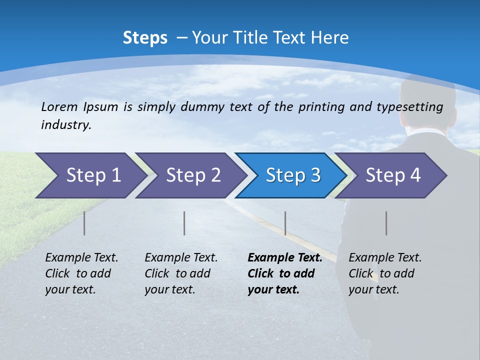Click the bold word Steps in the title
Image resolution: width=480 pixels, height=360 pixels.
(145, 38)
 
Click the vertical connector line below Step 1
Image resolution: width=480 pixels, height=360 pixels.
(84, 223)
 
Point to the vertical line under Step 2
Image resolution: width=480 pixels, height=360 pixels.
(184, 223)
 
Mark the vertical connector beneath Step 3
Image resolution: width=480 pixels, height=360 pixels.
(285, 223)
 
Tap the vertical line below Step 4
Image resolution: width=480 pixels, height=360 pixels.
(386, 223)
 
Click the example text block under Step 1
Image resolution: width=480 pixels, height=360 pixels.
(81, 273)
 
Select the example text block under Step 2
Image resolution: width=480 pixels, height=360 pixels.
(181, 273)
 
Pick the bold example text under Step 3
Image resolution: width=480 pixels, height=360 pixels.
(284, 273)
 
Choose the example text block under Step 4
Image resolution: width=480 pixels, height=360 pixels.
(385, 273)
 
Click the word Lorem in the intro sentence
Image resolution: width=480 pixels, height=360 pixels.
(59, 106)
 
